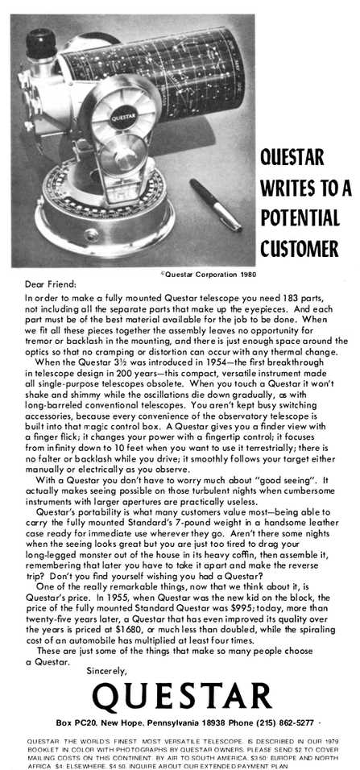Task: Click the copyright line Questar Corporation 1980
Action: click(x=206, y=275)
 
